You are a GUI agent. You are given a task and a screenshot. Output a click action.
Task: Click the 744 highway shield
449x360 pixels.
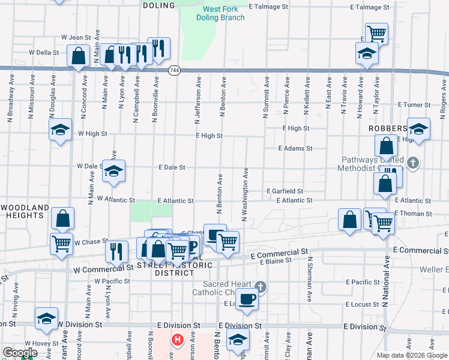coord(174,70)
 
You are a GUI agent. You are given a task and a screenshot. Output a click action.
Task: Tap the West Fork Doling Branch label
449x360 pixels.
coord(220,13)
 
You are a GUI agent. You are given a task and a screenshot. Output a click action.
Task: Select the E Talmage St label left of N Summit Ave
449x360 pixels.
coord(268,7)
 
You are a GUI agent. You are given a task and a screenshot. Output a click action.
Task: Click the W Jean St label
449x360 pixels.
coord(76,37)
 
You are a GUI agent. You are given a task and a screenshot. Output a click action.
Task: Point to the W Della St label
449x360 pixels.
coord(44,52)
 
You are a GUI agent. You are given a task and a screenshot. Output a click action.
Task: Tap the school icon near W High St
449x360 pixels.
coord(60,130)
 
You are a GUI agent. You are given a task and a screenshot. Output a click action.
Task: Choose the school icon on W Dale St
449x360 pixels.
coord(113,171)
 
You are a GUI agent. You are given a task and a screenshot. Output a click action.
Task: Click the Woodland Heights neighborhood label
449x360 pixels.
coord(25,212)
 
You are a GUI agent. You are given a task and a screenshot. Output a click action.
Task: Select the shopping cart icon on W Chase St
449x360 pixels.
coord(62,244)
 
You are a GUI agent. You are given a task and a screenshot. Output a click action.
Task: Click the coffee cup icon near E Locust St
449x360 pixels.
coord(246,298)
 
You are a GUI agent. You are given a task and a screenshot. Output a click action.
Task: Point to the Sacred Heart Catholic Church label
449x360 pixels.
coord(224,288)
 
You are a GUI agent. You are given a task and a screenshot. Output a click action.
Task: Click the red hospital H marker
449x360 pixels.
coord(177,340)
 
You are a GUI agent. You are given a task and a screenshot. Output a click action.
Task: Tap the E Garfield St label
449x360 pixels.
coord(285,191)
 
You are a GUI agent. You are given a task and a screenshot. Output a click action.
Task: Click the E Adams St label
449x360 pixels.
coord(295,148)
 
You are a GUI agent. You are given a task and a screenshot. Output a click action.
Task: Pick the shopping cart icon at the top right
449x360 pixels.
coord(376,33)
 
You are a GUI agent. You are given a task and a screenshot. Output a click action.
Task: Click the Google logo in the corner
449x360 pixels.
coord(19,353)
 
